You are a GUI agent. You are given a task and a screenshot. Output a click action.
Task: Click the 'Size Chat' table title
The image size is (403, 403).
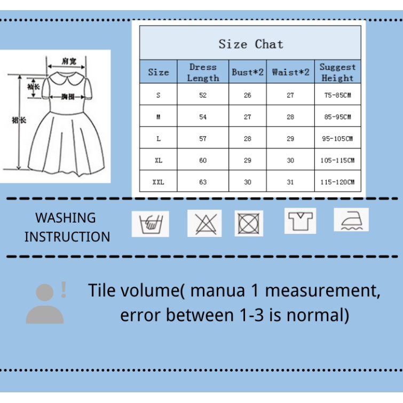pos(250,44)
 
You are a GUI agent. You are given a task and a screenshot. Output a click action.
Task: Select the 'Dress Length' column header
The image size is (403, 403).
pos(203,73)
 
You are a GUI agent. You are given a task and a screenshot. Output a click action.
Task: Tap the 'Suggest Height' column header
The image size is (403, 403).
pos(337,73)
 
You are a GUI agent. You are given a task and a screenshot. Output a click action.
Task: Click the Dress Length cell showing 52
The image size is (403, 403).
pos(203,95)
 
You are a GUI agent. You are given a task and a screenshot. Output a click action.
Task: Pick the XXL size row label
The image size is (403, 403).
pos(158,182)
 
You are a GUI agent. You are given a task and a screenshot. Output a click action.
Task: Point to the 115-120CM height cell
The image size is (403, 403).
pos(337,182)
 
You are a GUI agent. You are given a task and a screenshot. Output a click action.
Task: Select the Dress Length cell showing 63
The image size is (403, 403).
pos(203,182)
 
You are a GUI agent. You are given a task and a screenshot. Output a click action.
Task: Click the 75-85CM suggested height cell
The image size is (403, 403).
pos(337,95)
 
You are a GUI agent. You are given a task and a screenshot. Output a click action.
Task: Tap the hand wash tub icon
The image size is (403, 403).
pos(151,223)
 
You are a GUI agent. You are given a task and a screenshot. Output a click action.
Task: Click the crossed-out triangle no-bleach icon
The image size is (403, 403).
pos(204,223)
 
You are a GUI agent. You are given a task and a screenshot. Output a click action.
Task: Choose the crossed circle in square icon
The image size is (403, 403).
pos(249,223)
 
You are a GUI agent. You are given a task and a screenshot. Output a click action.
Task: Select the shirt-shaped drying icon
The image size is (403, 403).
pos(300,220)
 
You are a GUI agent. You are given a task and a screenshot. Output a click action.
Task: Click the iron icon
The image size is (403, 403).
pos(351,219)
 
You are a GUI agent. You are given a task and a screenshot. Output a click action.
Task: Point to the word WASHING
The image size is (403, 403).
pos(66,218)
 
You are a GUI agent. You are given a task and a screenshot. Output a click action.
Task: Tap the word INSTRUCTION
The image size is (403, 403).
pos(67,236)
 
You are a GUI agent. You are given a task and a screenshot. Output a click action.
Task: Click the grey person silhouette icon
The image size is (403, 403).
pos(45,304)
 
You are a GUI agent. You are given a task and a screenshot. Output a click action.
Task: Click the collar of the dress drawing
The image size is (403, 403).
pos(66,80)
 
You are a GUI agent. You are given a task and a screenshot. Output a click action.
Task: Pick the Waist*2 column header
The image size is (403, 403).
pos(290,73)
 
